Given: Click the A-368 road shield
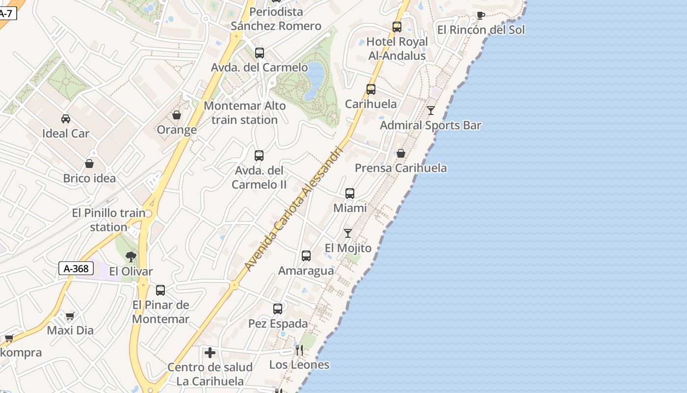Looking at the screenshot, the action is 76,268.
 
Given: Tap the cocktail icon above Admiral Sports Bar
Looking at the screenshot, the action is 430,111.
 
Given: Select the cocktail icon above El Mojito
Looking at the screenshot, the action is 348,233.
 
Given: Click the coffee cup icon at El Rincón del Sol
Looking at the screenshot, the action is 480,16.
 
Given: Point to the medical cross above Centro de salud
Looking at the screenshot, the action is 210,352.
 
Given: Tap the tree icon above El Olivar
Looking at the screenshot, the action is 131,256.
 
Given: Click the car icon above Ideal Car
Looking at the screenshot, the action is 65,118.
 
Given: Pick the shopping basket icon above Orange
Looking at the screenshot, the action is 177,115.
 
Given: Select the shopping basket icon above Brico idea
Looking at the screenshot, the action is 89,163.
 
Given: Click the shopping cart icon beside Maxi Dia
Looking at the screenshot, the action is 70,316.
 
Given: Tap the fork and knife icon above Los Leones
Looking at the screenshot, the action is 299,350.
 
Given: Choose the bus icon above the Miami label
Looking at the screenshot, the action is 350,194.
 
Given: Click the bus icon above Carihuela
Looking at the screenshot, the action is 371,89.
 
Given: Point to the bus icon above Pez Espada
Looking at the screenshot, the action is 278,309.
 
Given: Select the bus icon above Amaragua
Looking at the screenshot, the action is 306,256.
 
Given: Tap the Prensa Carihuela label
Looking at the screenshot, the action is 401,168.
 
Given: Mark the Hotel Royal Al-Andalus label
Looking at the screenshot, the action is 397,49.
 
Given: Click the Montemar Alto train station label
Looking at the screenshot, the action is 245,112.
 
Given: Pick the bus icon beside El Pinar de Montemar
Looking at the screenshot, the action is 160,290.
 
